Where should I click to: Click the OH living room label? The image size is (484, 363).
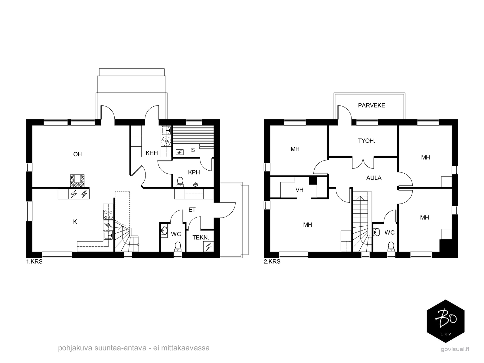click(x=77, y=154)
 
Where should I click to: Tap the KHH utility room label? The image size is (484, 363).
click(x=152, y=153)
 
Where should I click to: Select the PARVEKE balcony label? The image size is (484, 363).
click(x=371, y=105)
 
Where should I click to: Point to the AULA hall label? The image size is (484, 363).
click(x=374, y=178)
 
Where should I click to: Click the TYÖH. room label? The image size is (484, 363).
click(x=366, y=141)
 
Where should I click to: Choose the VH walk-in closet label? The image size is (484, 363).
click(x=299, y=190)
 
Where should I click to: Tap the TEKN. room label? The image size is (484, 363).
click(x=201, y=238)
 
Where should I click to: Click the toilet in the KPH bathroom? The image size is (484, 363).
click(x=180, y=182)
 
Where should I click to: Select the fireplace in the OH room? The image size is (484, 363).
click(x=77, y=181)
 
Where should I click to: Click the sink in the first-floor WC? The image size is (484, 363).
click(x=164, y=231)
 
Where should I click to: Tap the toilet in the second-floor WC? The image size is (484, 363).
click(x=391, y=247)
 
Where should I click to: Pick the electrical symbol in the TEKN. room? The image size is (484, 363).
click(x=208, y=246)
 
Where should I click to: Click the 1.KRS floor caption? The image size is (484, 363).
click(x=34, y=262)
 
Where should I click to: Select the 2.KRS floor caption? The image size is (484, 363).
click(x=272, y=262)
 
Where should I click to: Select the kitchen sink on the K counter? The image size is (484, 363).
click(x=108, y=235)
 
